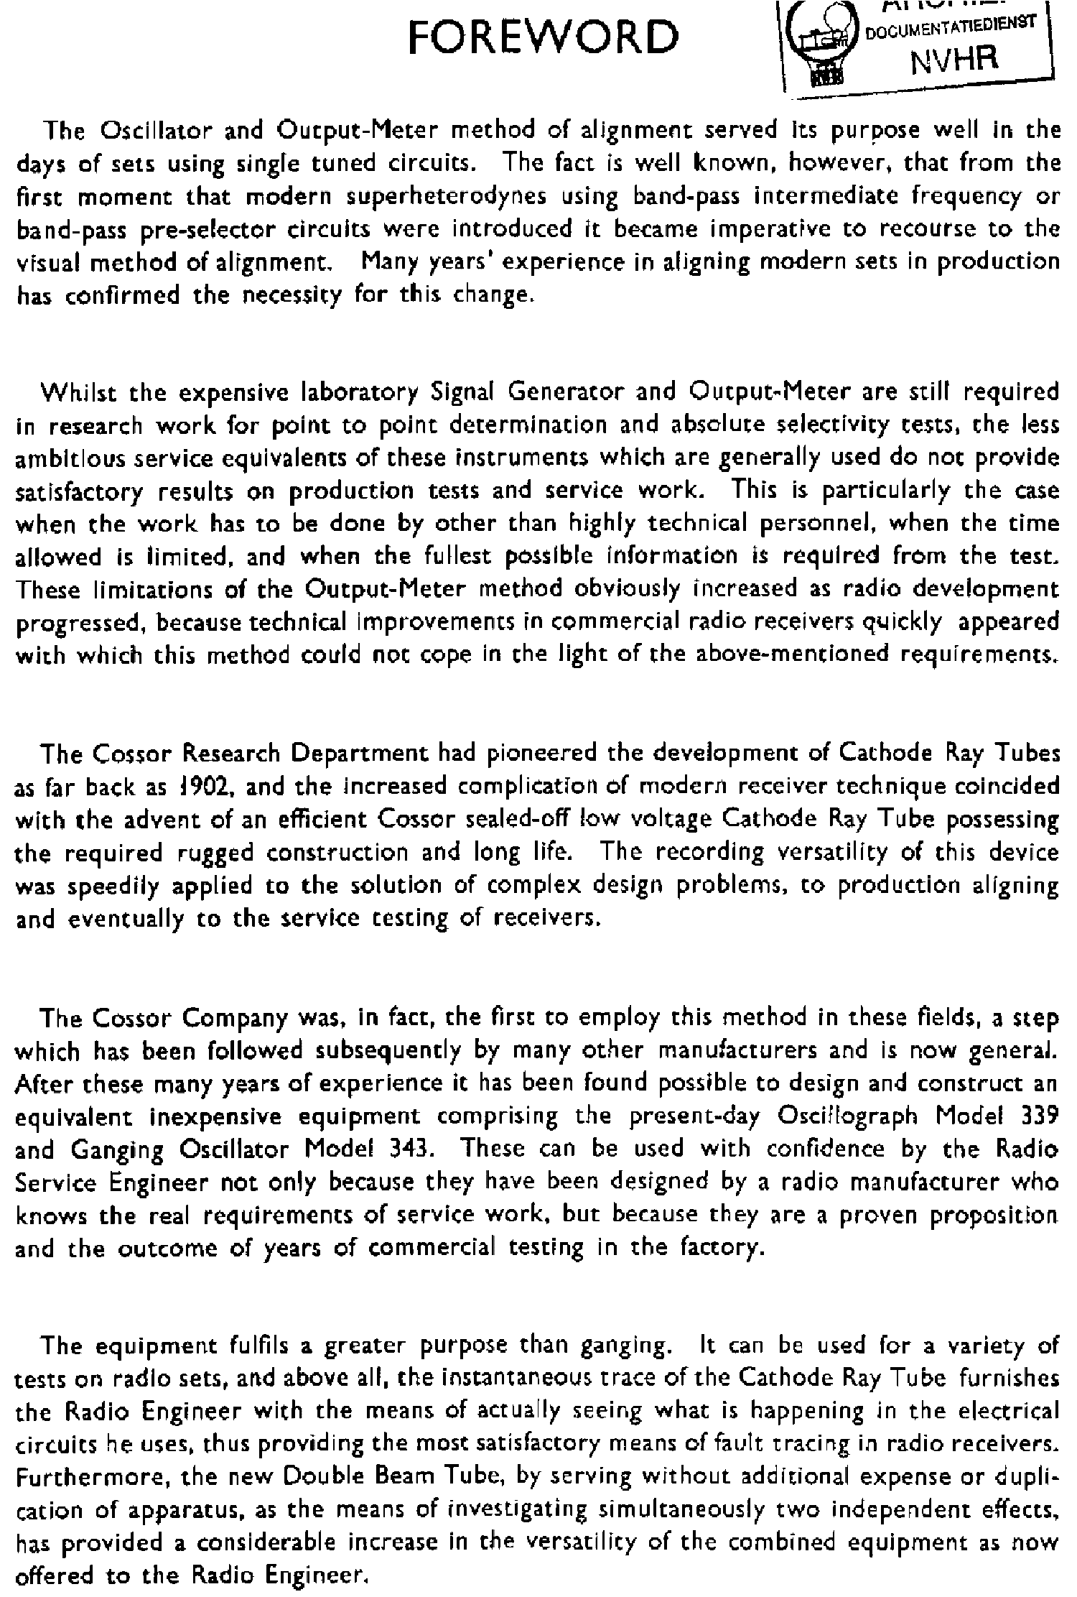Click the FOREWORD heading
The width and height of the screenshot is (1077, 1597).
pyautogui.click(x=543, y=37)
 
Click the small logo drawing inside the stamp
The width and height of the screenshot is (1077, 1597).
pyautogui.click(x=823, y=46)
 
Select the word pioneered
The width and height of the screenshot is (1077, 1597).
pyautogui.click(x=541, y=753)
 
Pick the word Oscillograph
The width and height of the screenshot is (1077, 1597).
pyautogui.click(x=847, y=1117)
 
